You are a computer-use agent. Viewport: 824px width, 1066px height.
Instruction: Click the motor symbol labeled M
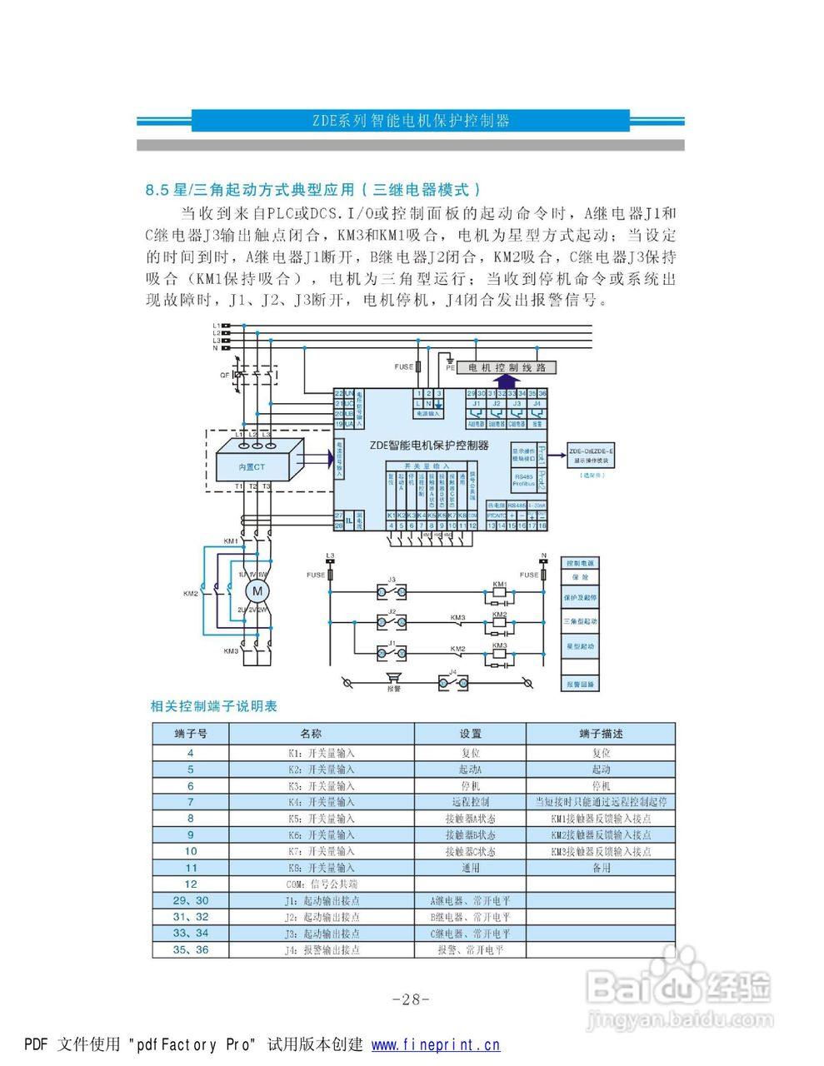pos(257,591)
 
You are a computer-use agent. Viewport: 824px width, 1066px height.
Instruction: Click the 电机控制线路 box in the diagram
pos(507,367)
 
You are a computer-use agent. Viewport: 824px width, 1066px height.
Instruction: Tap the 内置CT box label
pos(252,467)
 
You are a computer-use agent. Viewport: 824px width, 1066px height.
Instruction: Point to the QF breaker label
pos(225,376)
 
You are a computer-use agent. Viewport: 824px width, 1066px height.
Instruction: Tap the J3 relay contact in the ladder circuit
pos(392,591)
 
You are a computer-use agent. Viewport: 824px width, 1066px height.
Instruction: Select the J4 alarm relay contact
pos(453,683)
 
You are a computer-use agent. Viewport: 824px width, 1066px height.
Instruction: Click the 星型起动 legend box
pos(580,645)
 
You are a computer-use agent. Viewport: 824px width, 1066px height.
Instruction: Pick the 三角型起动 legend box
pos(580,621)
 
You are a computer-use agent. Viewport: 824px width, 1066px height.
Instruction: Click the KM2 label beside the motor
pos(191,594)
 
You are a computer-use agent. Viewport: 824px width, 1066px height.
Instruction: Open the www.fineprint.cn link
pos(436,1045)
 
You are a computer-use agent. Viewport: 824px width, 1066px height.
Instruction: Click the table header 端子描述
pos(601,734)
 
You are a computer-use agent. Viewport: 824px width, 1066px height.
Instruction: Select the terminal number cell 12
pos(191,884)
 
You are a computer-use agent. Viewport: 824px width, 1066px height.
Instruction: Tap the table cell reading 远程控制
pos(470,802)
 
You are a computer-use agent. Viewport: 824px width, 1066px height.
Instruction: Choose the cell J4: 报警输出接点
pos(322,949)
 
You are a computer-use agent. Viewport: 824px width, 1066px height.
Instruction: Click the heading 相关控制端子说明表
pos(213,706)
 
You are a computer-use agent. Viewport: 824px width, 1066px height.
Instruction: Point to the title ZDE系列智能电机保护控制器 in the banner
pos(411,120)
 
